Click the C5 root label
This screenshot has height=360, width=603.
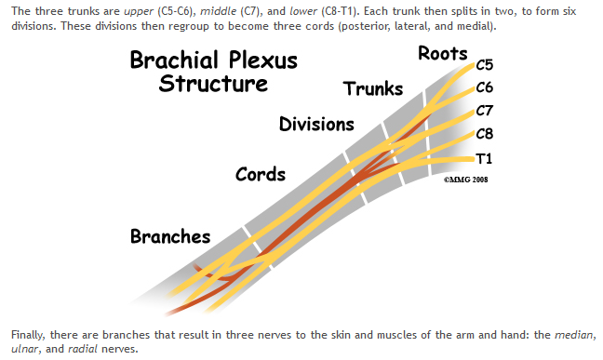(x=485, y=65)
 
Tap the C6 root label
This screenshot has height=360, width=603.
(x=485, y=87)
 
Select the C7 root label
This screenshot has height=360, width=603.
(x=485, y=111)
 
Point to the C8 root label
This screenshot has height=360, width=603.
(x=485, y=134)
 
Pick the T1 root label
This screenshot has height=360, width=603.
(x=484, y=158)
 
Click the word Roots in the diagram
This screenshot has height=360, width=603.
(x=443, y=53)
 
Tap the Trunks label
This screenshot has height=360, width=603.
(x=373, y=89)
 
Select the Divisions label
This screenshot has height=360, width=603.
(x=316, y=125)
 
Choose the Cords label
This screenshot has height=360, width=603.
(x=261, y=174)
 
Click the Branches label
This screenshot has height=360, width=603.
(x=170, y=236)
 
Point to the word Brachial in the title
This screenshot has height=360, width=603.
(x=174, y=60)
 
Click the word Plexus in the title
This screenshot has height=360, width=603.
(x=263, y=60)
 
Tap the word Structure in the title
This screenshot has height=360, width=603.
(x=213, y=84)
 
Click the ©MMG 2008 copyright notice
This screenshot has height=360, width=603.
(x=465, y=180)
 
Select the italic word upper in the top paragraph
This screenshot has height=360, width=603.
(x=139, y=11)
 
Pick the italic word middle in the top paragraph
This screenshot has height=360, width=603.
(x=218, y=11)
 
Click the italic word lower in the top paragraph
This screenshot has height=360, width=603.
(x=303, y=11)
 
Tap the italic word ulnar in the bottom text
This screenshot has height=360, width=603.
(x=25, y=349)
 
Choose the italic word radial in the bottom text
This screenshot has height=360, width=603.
(x=83, y=349)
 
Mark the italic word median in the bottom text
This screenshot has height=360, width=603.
(x=574, y=335)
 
